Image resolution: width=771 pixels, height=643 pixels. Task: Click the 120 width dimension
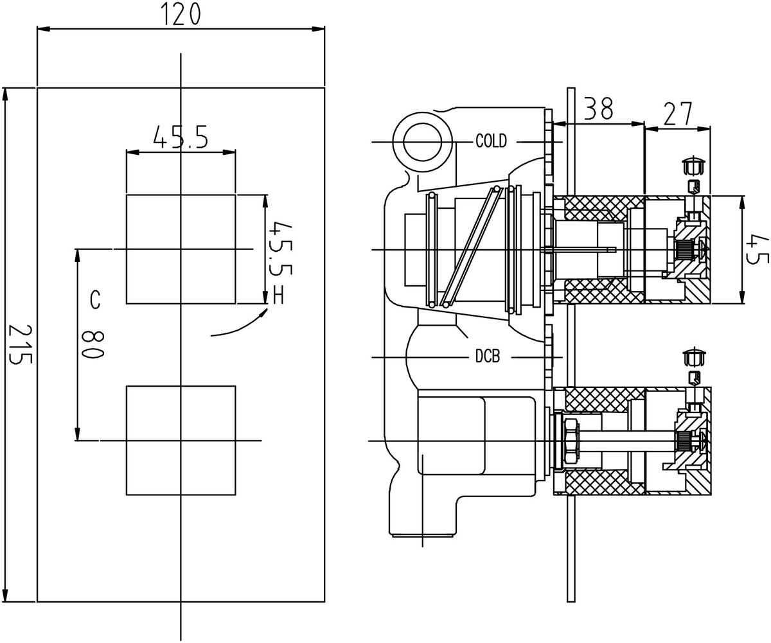[x=181, y=14]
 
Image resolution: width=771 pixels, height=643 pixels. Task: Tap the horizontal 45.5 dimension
[x=181, y=137]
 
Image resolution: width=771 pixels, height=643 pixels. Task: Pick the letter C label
[x=94, y=299]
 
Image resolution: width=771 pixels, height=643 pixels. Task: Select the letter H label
[x=279, y=295]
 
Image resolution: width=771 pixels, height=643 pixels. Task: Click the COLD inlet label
[x=491, y=141]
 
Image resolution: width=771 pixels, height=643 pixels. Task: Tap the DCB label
[x=487, y=357]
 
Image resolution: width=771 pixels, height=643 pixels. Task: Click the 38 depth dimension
[x=598, y=110]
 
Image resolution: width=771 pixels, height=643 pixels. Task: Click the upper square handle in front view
[x=181, y=249]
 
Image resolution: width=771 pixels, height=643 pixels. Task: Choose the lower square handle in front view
[x=181, y=440]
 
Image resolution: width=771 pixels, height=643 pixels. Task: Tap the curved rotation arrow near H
[x=238, y=326]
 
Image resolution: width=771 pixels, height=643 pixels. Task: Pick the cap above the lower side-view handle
[x=693, y=357]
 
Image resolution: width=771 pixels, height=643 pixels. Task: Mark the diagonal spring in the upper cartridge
[x=469, y=247]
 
